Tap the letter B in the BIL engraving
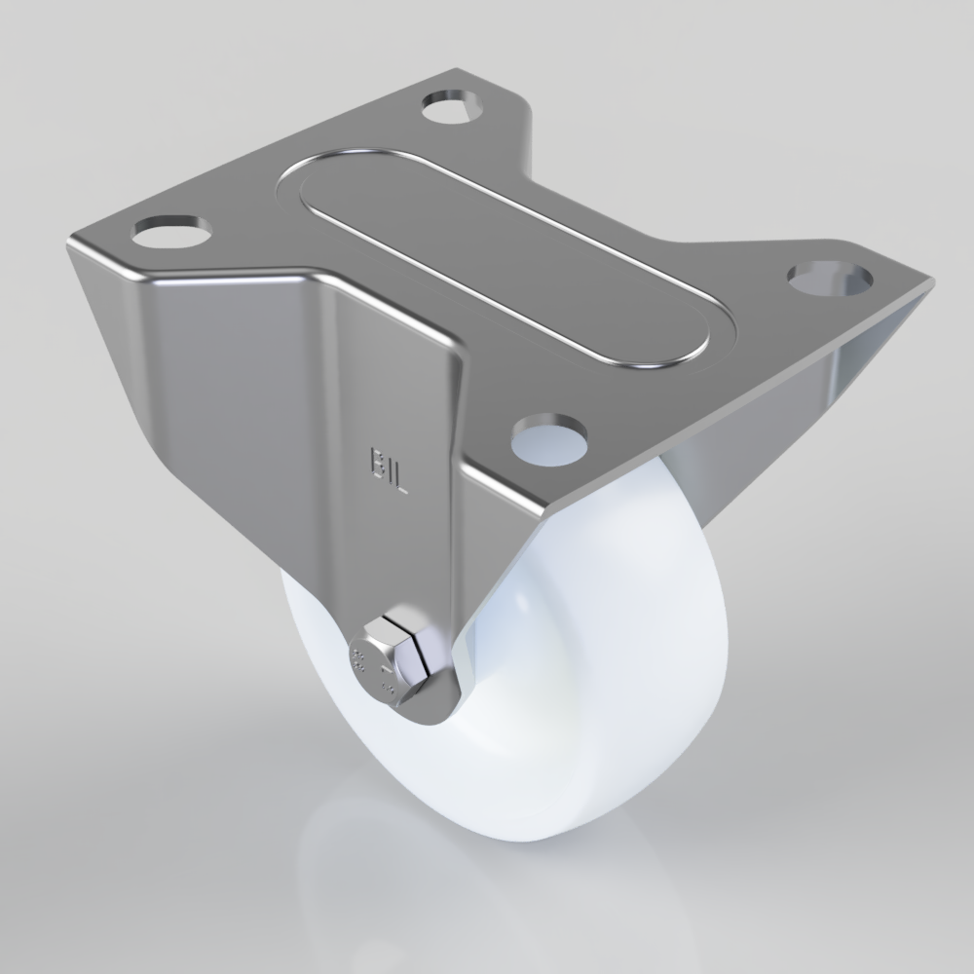pos(378,462)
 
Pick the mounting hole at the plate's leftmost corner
pos(173,230)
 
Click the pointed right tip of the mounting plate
pos(930,283)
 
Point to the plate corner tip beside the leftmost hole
pos(70,243)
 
